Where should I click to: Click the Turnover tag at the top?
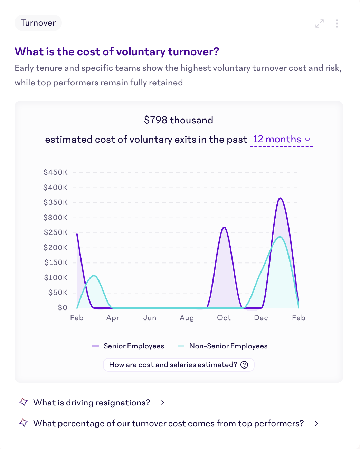[x=38, y=23]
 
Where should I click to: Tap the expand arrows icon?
[x=320, y=23]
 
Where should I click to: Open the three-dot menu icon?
[x=337, y=23]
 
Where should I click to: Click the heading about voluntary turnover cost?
[x=117, y=51]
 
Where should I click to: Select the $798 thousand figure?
[x=178, y=120]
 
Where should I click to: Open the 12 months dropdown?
[x=281, y=139]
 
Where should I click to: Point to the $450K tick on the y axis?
[x=55, y=172]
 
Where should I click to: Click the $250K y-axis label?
[x=55, y=232]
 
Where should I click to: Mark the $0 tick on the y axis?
[x=62, y=307]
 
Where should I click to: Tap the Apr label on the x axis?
[x=113, y=318]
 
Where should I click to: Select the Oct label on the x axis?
[x=224, y=318]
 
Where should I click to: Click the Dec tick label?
[x=261, y=318]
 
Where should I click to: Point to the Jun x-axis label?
[x=150, y=318]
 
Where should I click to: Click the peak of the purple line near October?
[x=224, y=227]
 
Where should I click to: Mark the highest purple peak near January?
[x=280, y=198]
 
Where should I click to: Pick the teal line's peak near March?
[x=94, y=276]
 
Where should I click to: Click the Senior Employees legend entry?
[x=128, y=346]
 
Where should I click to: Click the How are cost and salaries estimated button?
[x=179, y=365]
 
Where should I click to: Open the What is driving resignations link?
[x=92, y=403]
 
